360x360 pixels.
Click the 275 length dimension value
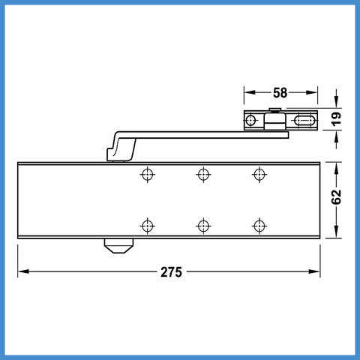[x=171, y=272]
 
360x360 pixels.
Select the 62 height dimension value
[x=337, y=197]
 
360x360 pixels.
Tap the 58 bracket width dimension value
[x=280, y=93]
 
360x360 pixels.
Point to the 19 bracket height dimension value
[x=337, y=119]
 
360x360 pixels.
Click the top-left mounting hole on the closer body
[x=148, y=174]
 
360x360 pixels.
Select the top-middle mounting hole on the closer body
[x=203, y=174]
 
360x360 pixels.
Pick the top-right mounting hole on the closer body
[x=259, y=174]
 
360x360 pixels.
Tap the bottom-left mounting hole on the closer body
[x=148, y=226]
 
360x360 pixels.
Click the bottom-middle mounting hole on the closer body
[x=203, y=226]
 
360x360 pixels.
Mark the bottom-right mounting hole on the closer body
[x=259, y=226]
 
